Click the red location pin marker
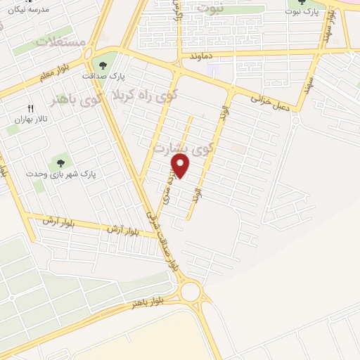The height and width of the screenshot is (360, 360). point(181,167)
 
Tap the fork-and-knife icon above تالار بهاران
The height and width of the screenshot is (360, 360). point(30,108)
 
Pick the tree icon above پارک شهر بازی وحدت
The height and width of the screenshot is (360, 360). point(55,162)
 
